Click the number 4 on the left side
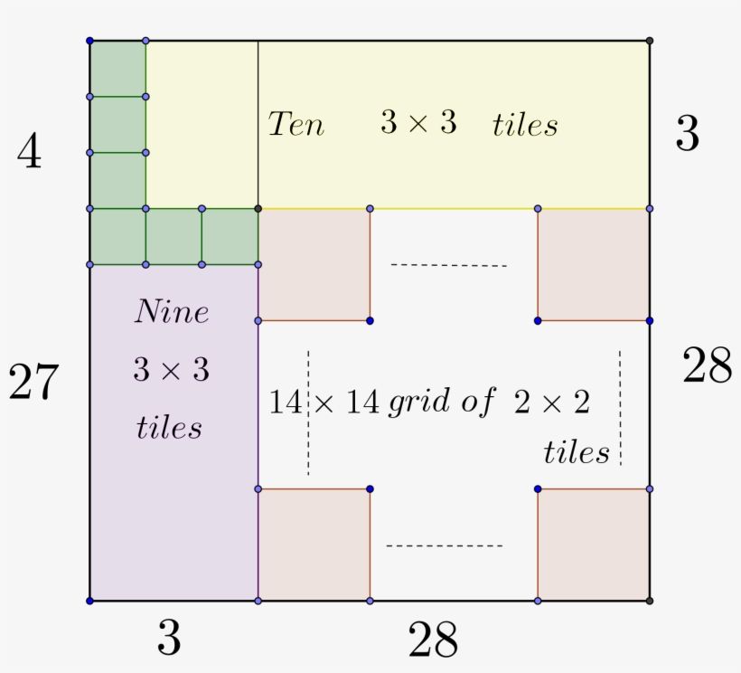29,153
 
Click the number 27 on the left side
33,383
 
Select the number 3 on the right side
687,136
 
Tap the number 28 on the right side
706,366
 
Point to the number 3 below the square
169,640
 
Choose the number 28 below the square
433,641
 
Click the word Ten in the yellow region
296,124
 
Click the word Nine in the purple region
172,312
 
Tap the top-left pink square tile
314,264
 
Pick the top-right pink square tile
594,264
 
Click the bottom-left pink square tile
314,545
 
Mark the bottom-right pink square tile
594,545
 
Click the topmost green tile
117,69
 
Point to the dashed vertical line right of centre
620,407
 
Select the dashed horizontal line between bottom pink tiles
444,545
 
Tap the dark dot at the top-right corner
650,41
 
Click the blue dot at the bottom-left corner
89,601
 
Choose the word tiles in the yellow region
525,125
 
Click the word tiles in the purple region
169,427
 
